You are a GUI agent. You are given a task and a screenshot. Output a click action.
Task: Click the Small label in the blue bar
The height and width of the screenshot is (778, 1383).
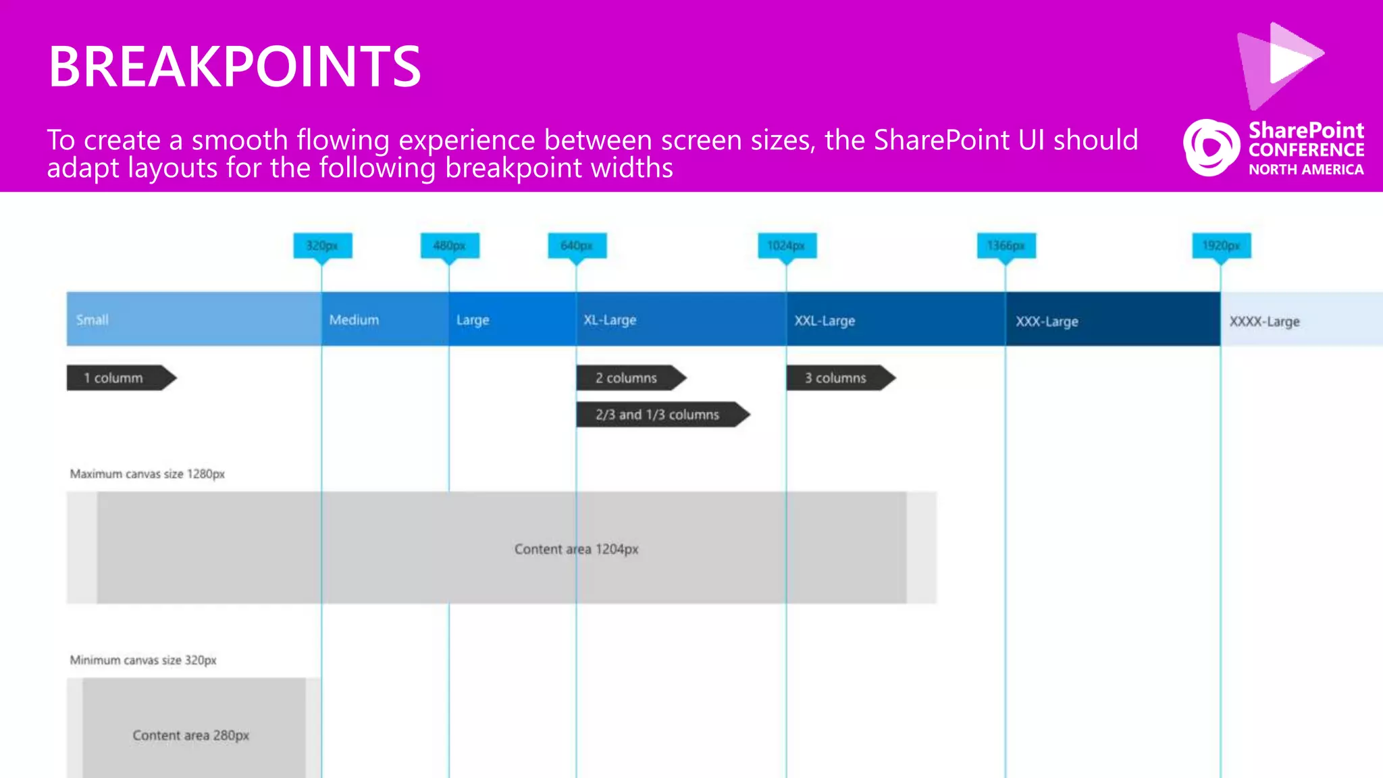[93, 319]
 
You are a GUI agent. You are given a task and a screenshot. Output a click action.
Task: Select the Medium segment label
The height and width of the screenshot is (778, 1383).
[354, 319]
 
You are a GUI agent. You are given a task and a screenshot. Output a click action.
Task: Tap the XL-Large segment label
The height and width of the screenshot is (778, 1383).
[610, 319]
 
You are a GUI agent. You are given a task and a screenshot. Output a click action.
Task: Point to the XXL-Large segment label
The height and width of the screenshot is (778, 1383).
[825, 320]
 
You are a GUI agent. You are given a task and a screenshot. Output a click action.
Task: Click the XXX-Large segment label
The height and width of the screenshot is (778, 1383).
[1047, 321]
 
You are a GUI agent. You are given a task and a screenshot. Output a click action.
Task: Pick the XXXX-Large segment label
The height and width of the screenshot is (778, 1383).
[1264, 321]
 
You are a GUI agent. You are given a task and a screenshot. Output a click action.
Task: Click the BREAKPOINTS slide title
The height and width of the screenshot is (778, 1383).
[234, 66]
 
